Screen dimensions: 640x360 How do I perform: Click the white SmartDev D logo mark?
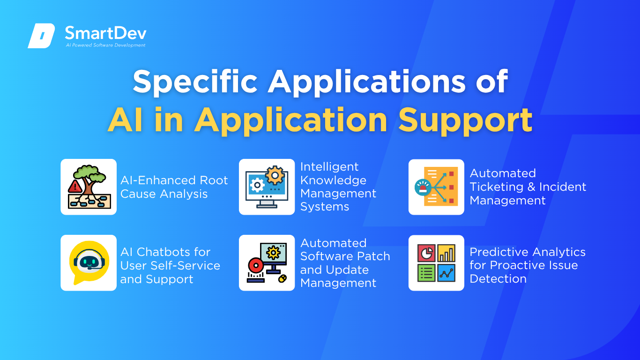point(41,36)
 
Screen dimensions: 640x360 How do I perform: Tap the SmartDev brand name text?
point(106,33)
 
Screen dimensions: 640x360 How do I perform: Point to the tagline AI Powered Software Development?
point(105,45)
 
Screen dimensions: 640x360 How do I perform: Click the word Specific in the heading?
point(195,82)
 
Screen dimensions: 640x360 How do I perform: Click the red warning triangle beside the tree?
point(75,187)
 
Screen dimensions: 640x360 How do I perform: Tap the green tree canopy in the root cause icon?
point(89,173)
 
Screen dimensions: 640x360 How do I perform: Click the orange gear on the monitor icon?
point(275,175)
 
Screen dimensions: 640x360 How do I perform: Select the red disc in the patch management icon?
point(256,266)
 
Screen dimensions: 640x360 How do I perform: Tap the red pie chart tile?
point(426,253)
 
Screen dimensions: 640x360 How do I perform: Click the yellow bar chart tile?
point(447,253)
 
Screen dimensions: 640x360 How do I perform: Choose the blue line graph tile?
point(447,273)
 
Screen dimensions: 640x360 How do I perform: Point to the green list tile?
point(426,273)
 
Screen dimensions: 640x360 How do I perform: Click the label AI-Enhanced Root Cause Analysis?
point(174,187)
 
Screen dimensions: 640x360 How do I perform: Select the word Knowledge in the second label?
point(333,180)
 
